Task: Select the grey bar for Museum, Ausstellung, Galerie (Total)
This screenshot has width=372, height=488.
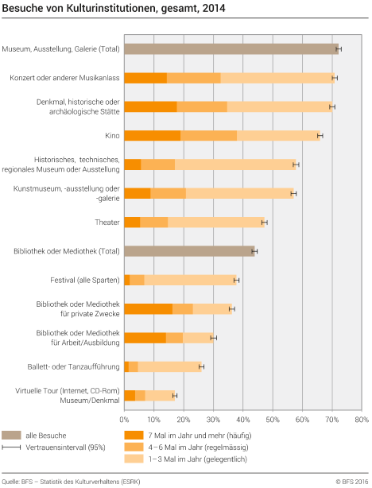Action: click(231, 49)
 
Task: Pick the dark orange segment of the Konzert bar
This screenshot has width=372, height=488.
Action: click(145, 78)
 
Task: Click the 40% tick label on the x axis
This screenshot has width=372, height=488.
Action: click(242, 419)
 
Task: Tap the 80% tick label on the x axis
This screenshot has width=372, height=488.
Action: click(361, 419)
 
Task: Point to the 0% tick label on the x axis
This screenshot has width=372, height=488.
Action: click(124, 419)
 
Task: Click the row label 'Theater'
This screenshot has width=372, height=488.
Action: click(107, 223)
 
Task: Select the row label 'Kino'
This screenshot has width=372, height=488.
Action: click(113, 136)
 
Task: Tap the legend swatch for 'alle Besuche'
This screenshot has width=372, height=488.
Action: click(11, 436)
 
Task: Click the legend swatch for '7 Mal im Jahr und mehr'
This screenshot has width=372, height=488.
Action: click(133, 436)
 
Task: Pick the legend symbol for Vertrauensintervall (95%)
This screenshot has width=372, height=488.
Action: click(11, 448)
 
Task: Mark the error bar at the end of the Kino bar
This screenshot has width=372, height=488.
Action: click(320, 136)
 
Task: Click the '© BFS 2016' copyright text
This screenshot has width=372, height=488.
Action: click(351, 482)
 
